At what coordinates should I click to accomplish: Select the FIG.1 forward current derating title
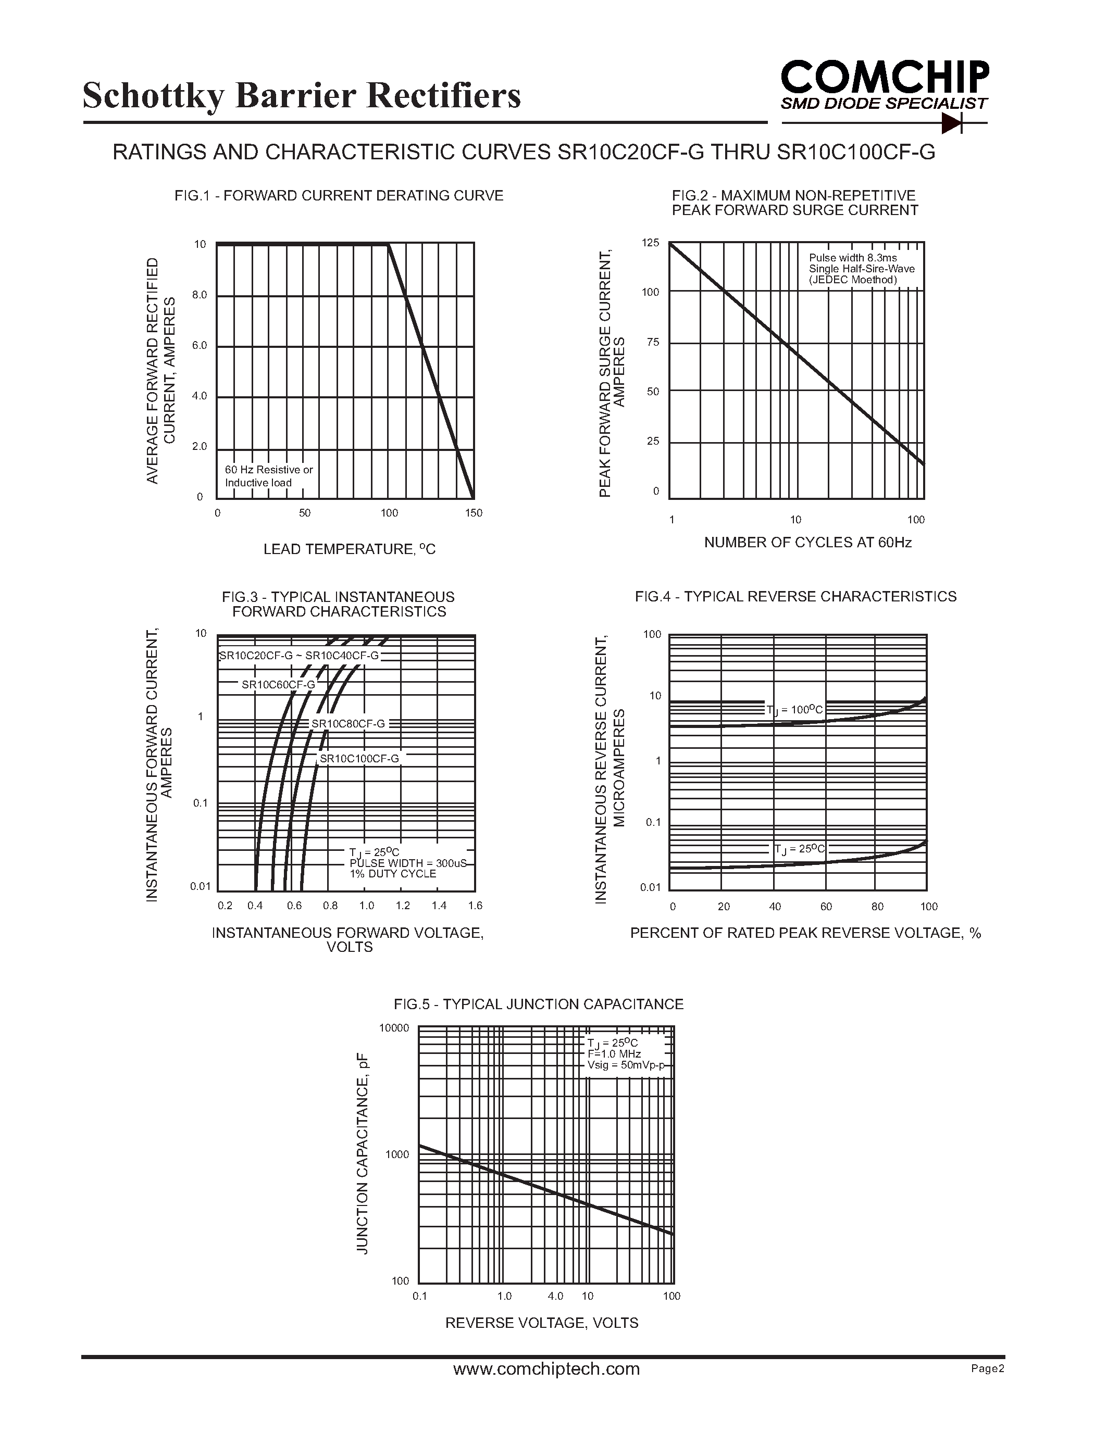pyautogui.click(x=339, y=195)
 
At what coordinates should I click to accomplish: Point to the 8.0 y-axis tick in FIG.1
pyautogui.click(x=200, y=295)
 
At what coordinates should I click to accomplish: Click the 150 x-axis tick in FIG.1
pyautogui.click(x=474, y=513)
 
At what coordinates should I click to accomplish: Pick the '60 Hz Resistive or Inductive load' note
pyautogui.click(x=268, y=476)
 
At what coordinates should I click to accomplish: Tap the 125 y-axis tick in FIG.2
pyautogui.click(x=651, y=243)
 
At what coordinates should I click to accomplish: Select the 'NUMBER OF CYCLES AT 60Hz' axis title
pyautogui.click(x=807, y=542)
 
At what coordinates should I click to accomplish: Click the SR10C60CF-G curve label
pyautogui.click(x=278, y=685)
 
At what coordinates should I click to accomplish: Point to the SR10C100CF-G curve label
pyautogui.click(x=359, y=759)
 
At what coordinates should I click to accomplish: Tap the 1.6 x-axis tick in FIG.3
pyautogui.click(x=475, y=906)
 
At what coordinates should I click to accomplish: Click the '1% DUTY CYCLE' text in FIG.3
pyautogui.click(x=392, y=874)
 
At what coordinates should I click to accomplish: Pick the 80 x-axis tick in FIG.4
pyautogui.click(x=877, y=907)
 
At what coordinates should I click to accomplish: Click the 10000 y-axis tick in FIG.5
pyautogui.click(x=394, y=1028)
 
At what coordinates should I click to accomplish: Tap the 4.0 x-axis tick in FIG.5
pyautogui.click(x=555, y=1296)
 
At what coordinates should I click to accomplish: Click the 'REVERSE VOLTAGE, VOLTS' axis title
pyautogui.click(x=542, y=1323)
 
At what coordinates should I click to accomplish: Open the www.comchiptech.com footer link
pyautogui.click(x=546, y=1368)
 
